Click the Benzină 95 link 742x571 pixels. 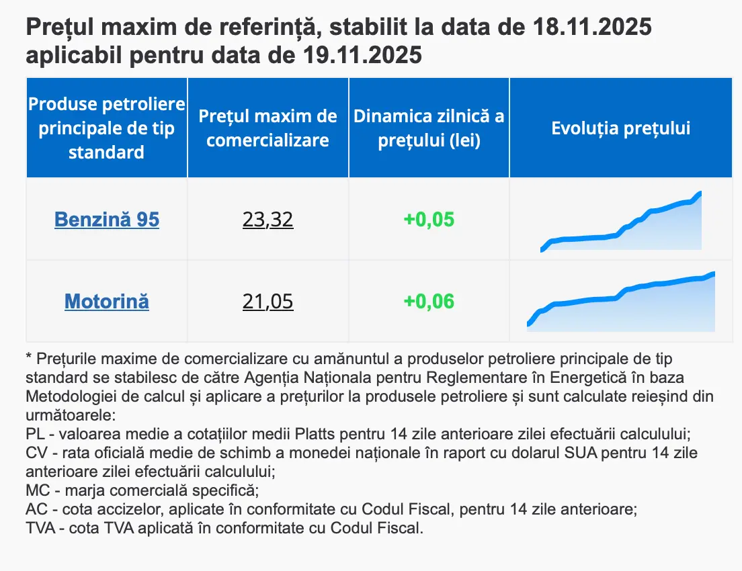(x=107, y=220)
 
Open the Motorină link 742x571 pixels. (x=107, y=302)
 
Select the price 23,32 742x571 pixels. (x=268, y=220)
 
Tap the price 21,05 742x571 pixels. (x=268, y=302)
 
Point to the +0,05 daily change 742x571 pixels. (x=429, y=220)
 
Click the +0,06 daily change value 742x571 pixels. (x=429, y=302)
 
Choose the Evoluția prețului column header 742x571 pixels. (x=621, y=128)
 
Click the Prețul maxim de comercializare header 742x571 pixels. (x=268, y=128)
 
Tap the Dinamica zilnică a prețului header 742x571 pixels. (x=429, y=128)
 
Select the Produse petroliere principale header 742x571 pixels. (x=107, y=128)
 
